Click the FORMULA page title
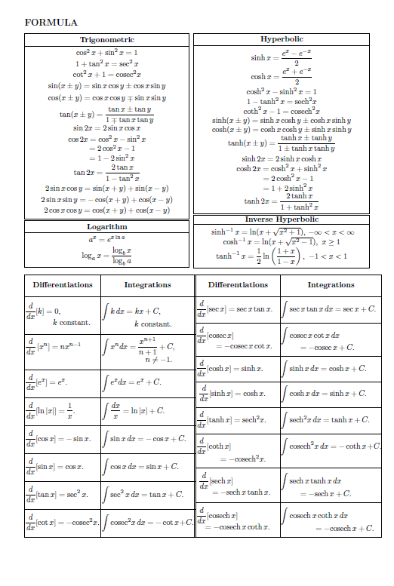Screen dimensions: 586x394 click(51, 23)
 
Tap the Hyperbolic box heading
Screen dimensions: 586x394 click(282, 38)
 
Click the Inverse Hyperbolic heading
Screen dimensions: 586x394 click(282, 219)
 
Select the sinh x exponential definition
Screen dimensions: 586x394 click(281, 57)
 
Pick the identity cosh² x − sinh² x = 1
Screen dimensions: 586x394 click(281, 91)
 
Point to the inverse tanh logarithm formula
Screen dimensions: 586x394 click(281, 256)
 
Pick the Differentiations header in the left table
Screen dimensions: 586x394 click(63, 285)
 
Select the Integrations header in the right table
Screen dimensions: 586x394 click(331, 285)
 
